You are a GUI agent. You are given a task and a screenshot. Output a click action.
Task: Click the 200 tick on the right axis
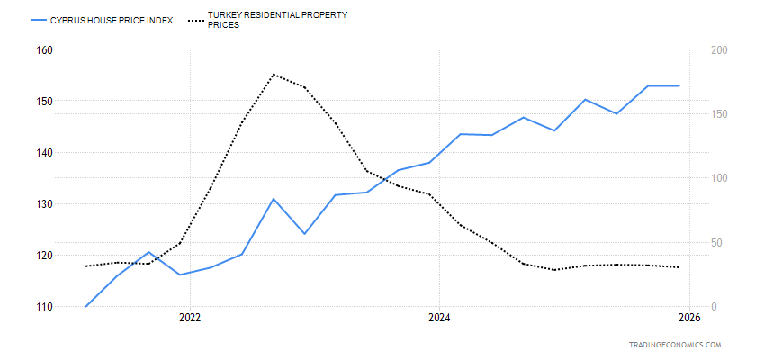718,49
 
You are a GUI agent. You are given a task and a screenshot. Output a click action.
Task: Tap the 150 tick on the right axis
718,114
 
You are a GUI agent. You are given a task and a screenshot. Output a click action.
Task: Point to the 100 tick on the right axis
718,178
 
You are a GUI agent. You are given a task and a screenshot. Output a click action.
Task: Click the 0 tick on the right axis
713,306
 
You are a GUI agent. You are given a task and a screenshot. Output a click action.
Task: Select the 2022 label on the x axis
189,318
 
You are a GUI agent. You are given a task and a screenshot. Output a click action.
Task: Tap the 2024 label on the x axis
439,318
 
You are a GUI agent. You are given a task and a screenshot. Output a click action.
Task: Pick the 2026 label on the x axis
688,318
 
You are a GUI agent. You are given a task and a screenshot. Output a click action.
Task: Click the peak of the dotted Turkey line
273,74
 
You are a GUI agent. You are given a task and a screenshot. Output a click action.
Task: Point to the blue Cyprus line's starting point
85,306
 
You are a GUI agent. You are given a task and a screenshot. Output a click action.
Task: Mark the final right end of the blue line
679,85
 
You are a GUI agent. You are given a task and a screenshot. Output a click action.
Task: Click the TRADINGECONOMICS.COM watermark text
675,345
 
